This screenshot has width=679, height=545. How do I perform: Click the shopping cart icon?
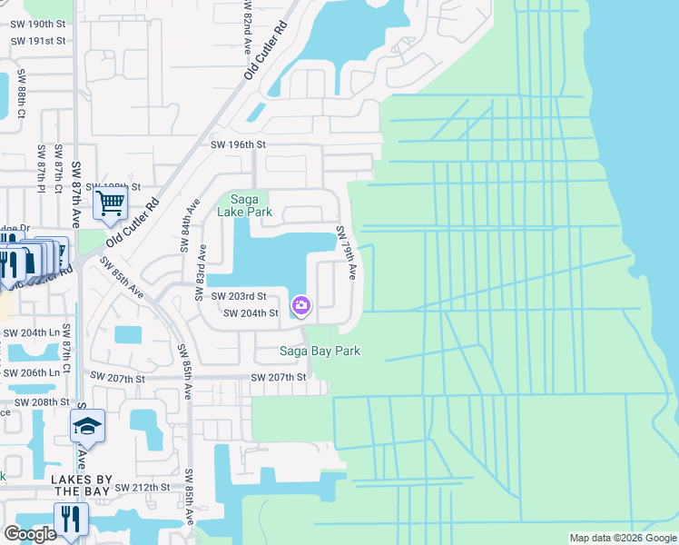tap(110, 205)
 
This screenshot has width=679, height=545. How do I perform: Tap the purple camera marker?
tap(300, 305)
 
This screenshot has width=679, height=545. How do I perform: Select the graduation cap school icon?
tap(87, 425)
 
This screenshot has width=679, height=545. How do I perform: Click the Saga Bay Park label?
tap(320, 352)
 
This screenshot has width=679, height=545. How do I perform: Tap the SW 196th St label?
tap(237, 144)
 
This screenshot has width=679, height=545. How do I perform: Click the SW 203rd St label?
tap(239, 296)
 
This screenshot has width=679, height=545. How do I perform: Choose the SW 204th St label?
tap(251, 313)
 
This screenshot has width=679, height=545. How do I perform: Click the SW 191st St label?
tap(38, 41)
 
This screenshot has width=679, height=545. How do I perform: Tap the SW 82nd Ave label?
tap(247, 27)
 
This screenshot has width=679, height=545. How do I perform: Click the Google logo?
tap(31, 534)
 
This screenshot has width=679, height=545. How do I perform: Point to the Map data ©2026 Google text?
tap(622, 538)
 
